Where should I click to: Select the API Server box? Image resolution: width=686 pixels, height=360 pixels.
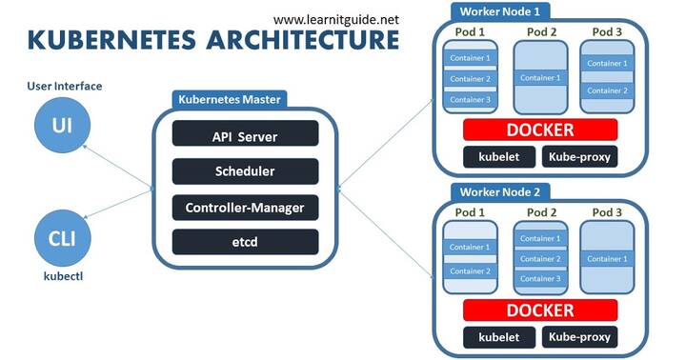click(x=245, y=136)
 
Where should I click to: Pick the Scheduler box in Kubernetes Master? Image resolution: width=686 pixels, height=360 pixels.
click(x=245, y=171)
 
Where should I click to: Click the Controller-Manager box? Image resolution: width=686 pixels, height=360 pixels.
click(x=245, y=207)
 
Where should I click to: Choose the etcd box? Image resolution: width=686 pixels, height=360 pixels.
click(x=245, y=241)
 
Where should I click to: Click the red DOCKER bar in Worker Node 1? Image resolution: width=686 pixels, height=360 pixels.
click(x=540, y=130)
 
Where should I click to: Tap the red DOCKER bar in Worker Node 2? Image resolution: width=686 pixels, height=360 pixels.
click(x=539, y=310)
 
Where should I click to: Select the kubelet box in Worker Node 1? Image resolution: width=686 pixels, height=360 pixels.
click(x=497, y=157)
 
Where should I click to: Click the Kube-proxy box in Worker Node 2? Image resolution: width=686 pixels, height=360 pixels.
click(x=579, y=337)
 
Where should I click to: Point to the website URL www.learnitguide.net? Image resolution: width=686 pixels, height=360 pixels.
click(x=337, y=18)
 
